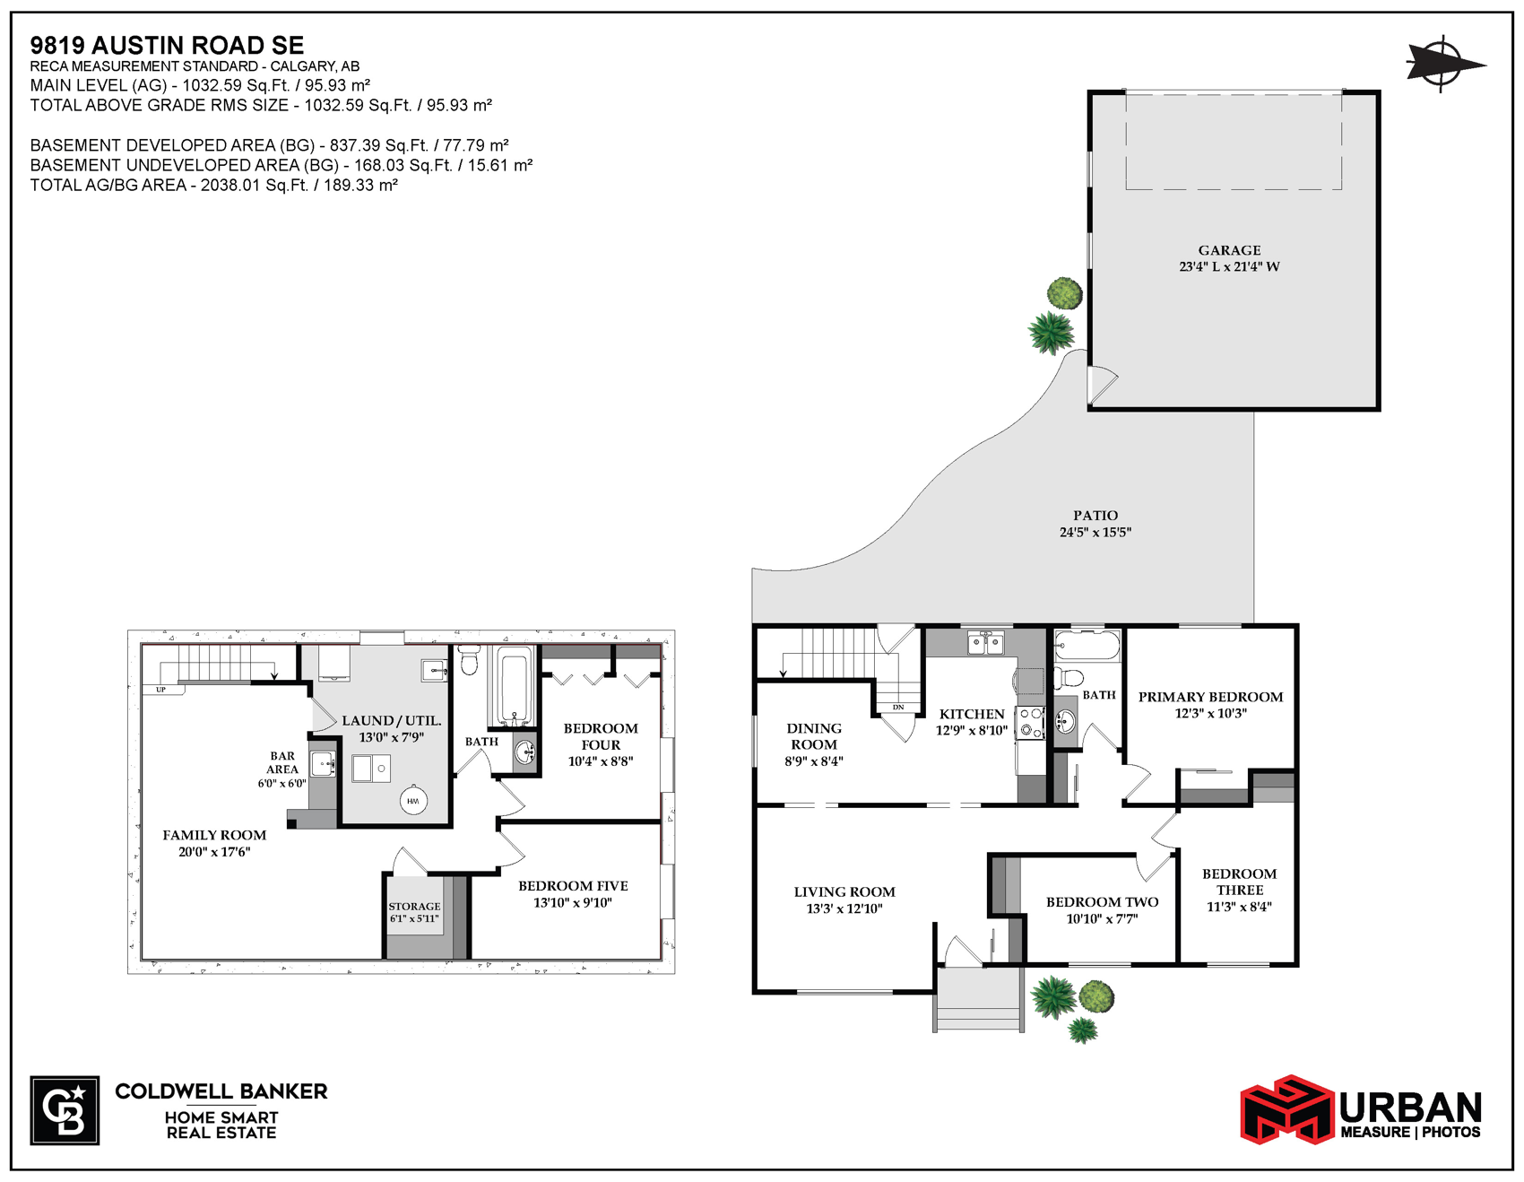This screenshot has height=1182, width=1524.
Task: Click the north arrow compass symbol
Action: click(1443, 64)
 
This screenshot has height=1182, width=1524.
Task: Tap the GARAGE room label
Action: click(1229, 250)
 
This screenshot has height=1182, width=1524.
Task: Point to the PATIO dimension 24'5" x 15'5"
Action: click(1095, 532)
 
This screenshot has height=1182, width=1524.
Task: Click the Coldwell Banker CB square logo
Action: click(65, 1110)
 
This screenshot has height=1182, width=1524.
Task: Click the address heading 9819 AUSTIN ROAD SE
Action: click(167, 45)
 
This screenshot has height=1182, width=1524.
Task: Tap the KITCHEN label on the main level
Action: click(972, 714)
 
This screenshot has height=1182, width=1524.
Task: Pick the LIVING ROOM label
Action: click(844, 891)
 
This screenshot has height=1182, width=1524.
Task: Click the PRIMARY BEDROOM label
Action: click(1210, 697)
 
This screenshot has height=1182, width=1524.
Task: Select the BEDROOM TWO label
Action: click(1102, 902)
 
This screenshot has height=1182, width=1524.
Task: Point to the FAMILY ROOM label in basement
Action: click(214, 835)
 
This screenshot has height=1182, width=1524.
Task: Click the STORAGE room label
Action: click(414, 907)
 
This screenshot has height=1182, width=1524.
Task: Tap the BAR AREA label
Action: click(282, 762)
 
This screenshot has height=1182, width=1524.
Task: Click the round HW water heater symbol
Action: click(413, 801)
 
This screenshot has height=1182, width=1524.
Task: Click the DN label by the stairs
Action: click(898, 708)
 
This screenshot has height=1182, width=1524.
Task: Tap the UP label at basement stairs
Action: click(161, 690)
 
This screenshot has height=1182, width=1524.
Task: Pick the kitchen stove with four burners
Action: click(1031, 723)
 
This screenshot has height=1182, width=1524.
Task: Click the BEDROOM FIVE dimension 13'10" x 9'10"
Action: click(573, 902)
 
